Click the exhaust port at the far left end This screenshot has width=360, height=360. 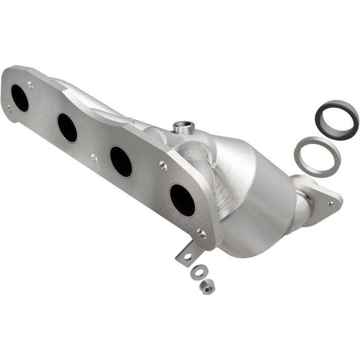point(20,98)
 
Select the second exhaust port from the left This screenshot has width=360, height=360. point(67,128)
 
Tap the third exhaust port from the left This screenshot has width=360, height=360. point(121,161)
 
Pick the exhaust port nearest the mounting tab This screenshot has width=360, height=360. point(183,200)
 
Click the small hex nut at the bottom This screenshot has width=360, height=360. point(208,288)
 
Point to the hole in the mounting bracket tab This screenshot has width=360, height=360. point(187,256)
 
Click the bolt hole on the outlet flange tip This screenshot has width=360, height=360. point(331,204)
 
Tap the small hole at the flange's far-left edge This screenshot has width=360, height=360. point(9,108)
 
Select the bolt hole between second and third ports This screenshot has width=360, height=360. point(94,158)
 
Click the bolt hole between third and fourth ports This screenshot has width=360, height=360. point(163,165)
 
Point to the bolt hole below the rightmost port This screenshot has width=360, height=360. point(202,234)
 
